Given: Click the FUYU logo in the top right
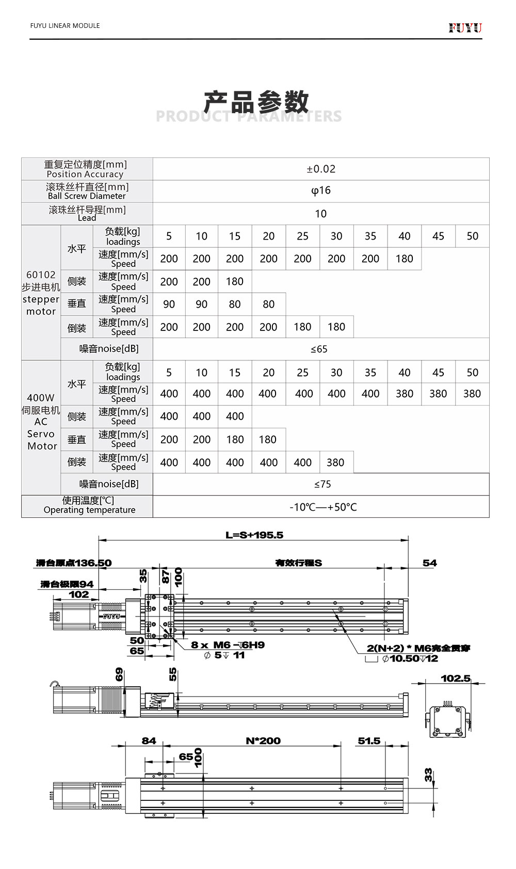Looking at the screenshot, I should coord(465,27).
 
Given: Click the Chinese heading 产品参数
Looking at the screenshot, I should coord(256,102).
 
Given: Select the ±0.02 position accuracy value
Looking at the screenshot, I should coord(320,169).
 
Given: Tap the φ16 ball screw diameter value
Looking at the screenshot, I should coord(320,191).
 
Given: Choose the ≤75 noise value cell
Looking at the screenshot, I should coord(322,484).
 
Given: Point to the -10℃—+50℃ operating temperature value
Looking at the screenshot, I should coord(323,507).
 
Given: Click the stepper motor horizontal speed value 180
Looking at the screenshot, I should coord(404,259).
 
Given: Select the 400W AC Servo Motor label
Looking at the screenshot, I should coord(41,421).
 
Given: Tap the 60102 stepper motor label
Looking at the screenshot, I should coord(41,293).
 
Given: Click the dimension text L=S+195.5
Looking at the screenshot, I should coord(254,535).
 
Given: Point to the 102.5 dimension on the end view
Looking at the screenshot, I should coord(456,678).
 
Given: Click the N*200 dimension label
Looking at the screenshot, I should coord(263,741).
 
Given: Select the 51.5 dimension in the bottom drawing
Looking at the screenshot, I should coord(369,741).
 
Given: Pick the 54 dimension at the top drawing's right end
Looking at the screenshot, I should coord(429,563).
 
